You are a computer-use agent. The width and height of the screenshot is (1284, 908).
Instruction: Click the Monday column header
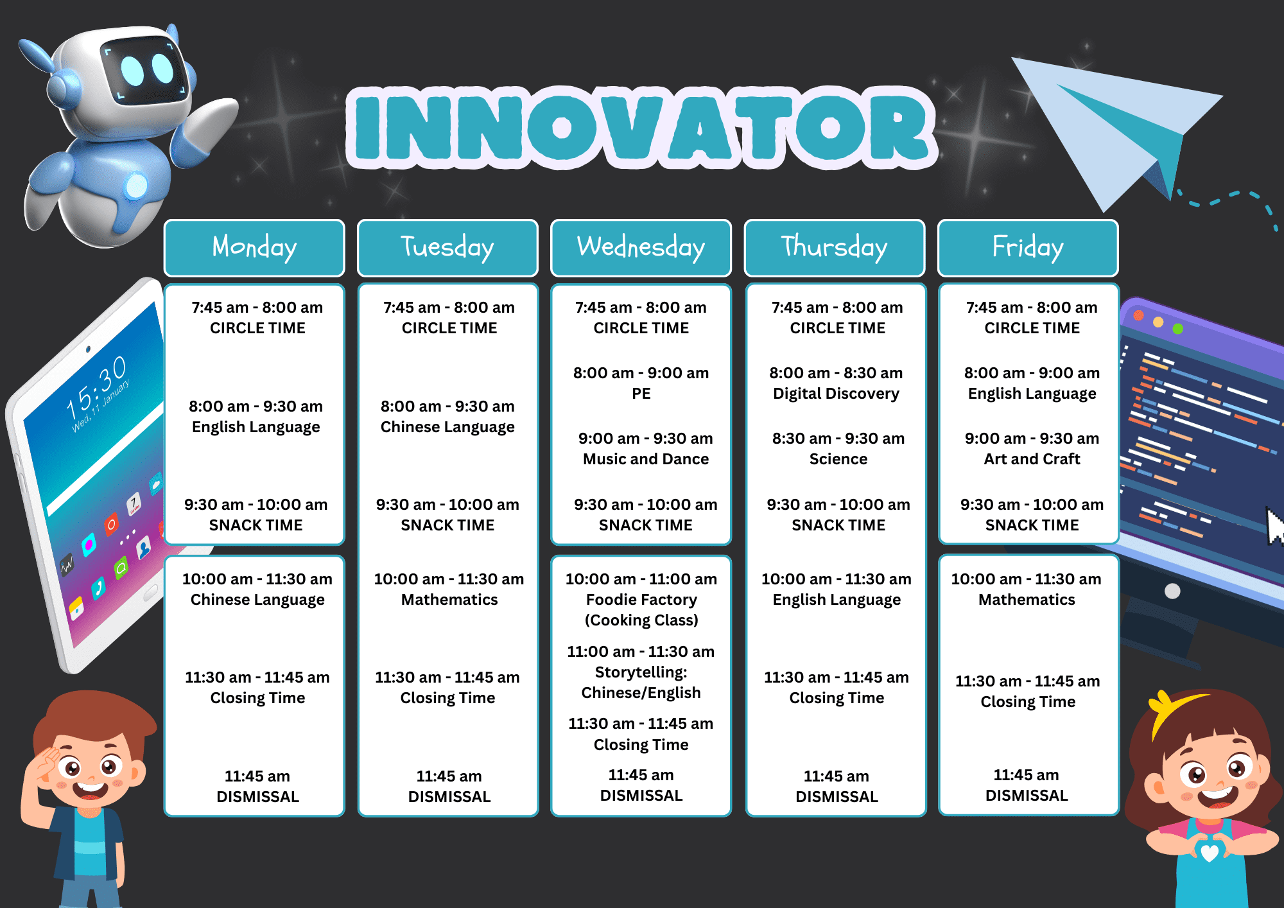click(254, 248)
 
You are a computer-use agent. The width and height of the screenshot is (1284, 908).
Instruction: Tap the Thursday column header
click(835, 248)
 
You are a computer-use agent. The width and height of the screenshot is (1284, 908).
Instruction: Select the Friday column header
click(1028, 248)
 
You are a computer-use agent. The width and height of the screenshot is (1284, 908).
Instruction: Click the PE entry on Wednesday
click(641, 394)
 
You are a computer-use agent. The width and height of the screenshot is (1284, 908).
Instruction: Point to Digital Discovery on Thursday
click(836, 394)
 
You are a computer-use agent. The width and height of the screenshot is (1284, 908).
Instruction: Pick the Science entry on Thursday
click(838, 459)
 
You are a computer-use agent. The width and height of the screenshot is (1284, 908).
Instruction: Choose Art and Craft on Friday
click(1032, 459)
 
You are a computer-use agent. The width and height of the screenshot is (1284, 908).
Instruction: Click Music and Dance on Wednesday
click(646, 459)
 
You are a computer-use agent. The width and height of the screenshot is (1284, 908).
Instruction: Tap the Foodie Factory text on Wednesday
click(641, 600)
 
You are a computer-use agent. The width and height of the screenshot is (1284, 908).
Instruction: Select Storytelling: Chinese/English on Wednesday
click(641, 683)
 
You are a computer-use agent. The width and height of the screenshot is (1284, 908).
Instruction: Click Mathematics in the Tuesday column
click(449, 600)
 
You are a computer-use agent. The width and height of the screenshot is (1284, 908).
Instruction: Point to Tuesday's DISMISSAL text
click(449, 797)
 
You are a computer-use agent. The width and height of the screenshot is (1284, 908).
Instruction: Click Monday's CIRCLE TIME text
click(257, 328)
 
